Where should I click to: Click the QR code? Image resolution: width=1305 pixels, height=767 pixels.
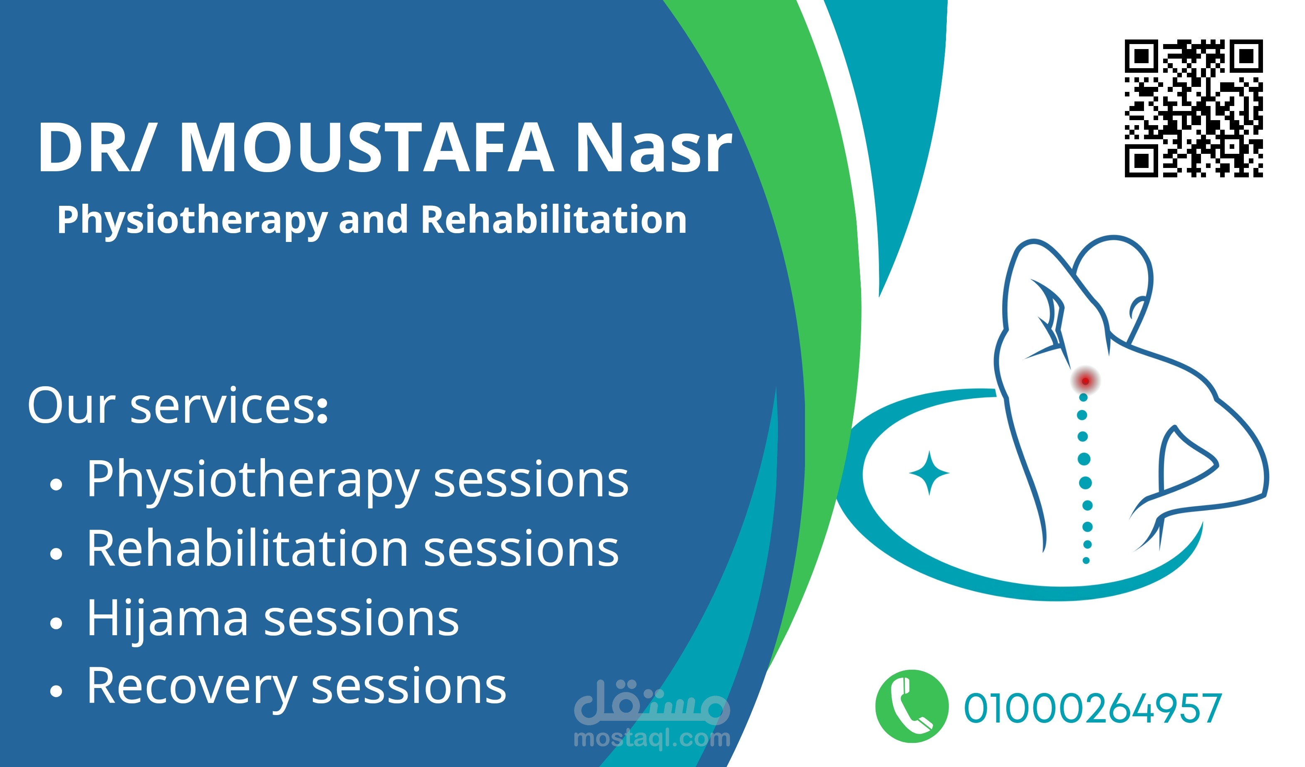1193,108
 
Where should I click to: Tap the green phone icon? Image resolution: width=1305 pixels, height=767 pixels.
912,706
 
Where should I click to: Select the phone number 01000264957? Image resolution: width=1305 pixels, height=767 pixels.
1093,708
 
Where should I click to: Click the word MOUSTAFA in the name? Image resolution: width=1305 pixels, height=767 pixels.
366,148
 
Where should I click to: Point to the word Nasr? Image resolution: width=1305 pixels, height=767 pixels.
654,148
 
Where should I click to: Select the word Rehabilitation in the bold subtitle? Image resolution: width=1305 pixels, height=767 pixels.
554,219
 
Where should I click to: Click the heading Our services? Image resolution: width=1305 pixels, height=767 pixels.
178,406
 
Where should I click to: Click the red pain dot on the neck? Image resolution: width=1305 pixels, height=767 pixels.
1085,381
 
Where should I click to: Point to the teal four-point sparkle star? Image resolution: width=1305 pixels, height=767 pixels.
929,473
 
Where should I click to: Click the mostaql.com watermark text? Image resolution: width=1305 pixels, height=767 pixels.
652,738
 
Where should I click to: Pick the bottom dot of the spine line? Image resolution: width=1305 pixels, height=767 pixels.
1086,560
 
